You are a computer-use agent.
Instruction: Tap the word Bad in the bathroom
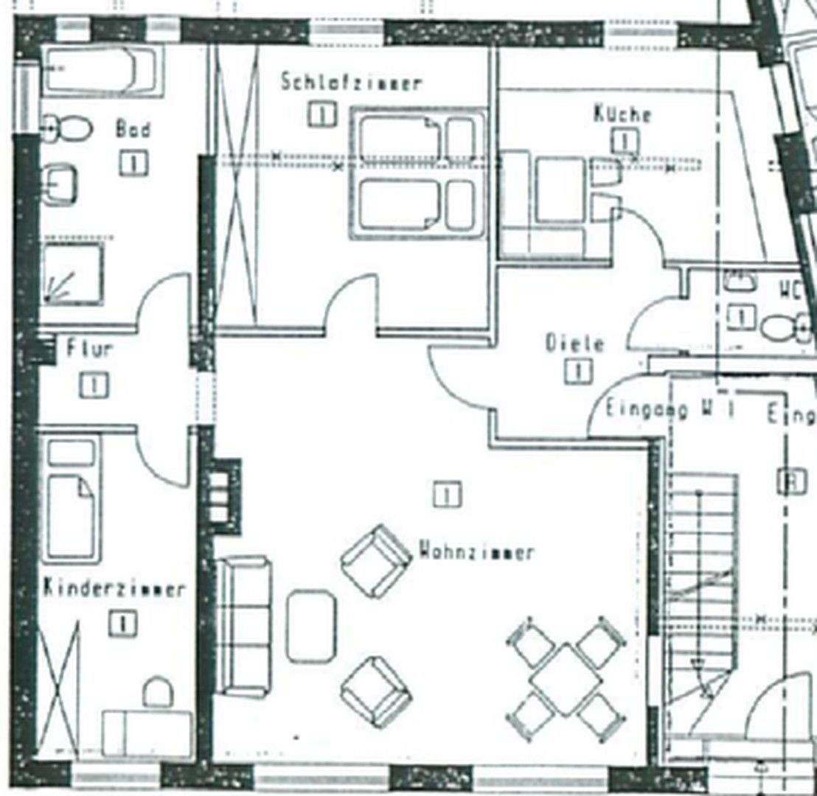pyautogui.click(x=133, y=130)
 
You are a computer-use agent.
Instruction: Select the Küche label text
pyautogui.click(x=622, y=114)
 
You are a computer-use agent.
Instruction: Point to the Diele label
pyautogui.click(x=574, y=343)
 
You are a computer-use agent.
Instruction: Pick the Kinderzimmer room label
pyautogui.click(x=114, y=589)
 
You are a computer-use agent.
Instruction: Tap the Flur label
pyautogui.click(x=90, y=348)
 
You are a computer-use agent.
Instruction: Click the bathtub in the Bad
pyautogui.click(x=101, y=71)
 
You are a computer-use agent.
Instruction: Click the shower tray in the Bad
pyautogui.click(x=72, y=273)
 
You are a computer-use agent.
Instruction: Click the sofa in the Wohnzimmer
pyautogui.click(x=243, y=626)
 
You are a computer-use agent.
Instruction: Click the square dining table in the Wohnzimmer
pyautogui.click(x=566, y=680)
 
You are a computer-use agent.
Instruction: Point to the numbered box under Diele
pyautogui.click(x=578, y=370)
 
